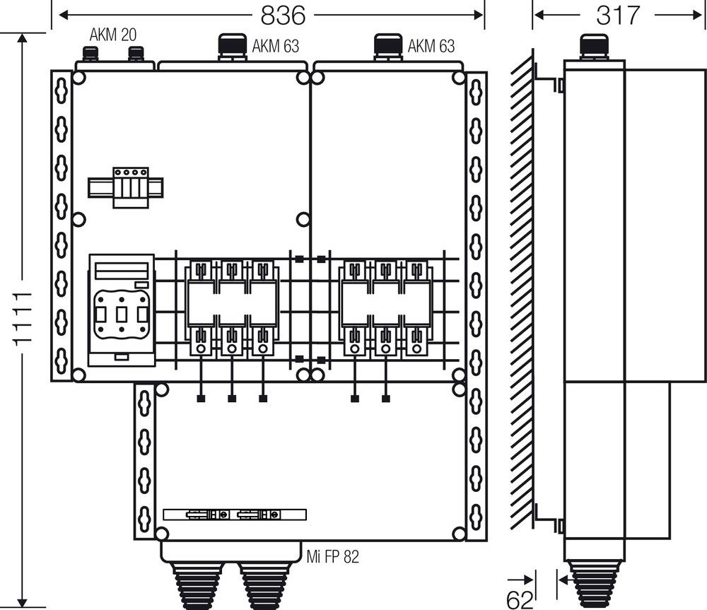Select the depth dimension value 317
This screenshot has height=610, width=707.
[618, 15]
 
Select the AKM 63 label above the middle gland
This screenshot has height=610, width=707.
[275, 47]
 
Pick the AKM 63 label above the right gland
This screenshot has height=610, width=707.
[431, 47]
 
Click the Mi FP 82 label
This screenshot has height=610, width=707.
[332, 557]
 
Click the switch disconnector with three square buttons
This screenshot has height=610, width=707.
[122, 310]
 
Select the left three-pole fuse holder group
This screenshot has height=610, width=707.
[232, 308]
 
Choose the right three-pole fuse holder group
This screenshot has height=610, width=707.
[385, 308]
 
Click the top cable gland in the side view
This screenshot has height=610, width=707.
[594, 46]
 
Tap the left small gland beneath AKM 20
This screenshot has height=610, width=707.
[90, 54]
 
